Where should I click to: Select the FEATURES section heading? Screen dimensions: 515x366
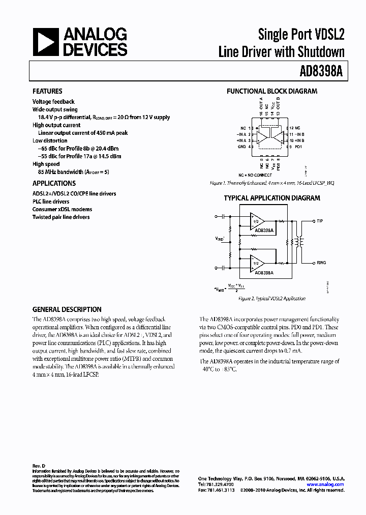[x=47, y=92]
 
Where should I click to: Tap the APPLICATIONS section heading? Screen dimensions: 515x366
[x=54, y=183]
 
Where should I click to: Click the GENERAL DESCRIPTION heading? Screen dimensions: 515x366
[x=67, y=309]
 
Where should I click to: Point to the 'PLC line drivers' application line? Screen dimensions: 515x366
[x=51, y=202]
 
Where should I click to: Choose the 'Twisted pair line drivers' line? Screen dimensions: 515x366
[x=61, y=217]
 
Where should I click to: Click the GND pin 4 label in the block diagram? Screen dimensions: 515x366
[x=242, y=147]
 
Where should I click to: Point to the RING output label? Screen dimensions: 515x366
[x=321, y=263]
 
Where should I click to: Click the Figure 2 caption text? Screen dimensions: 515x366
[x=271, y=299]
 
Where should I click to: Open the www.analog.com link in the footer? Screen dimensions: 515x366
[x=325, y=484]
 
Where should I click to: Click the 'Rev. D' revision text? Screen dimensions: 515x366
[x=39, y=466]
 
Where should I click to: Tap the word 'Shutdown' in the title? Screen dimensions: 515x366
[x=320, y=51]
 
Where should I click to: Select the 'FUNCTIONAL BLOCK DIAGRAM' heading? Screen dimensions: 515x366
[x=271, y=92]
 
